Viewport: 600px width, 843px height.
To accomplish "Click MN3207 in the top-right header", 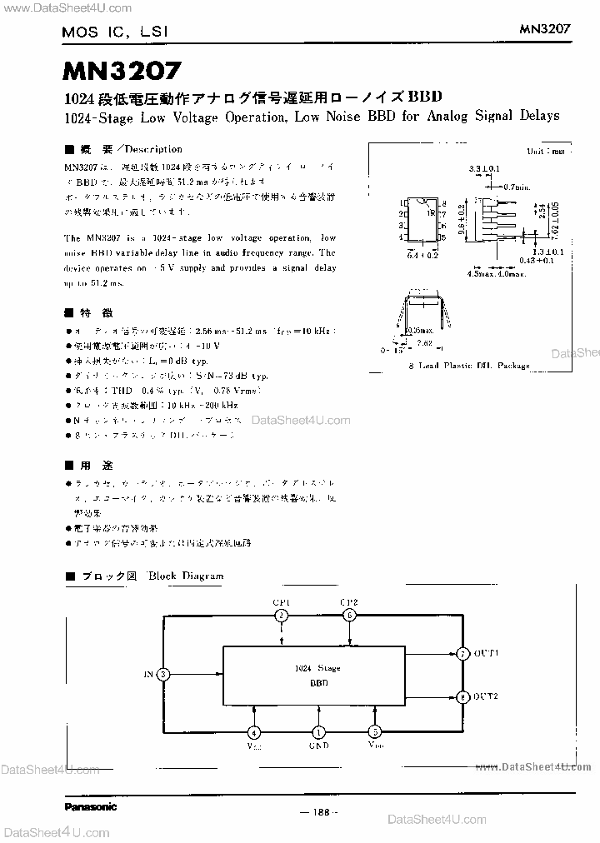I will click(x=545, y=27).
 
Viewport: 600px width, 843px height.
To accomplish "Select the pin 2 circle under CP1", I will click(x=282, y=615).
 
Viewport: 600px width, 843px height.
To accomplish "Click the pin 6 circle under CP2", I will click(x=350, y=615).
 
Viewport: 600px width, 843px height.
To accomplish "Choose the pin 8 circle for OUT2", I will click(x=462, y=696).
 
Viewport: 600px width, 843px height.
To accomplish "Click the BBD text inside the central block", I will click(x=317, y=681).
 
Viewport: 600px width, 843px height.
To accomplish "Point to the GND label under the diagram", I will click(x=317, y=746).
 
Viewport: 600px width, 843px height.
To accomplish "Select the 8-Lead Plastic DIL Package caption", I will click(x=468, y=365).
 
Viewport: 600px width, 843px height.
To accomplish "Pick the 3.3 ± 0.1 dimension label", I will click(x=484, y=168).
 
